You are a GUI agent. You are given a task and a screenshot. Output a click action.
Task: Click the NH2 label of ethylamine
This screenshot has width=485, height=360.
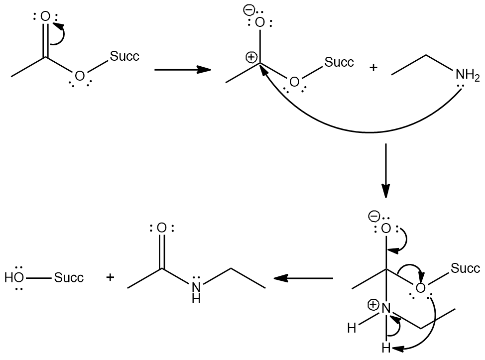pos(467,76)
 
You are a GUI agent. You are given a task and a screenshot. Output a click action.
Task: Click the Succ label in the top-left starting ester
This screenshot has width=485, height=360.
pos(124,56)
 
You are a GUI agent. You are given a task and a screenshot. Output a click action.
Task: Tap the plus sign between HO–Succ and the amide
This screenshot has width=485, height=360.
pos(110,277)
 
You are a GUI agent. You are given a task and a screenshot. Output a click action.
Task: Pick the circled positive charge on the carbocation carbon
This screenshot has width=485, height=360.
pos(251,58)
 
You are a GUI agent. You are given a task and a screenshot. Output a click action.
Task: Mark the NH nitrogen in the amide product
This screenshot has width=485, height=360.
pos(196,287)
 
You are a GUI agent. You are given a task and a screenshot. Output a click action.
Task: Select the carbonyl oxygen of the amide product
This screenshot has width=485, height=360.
pos(161,228)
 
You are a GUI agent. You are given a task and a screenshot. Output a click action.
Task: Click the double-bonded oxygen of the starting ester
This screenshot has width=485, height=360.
pos(45,17)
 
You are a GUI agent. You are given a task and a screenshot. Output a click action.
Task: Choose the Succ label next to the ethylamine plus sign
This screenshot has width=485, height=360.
pos(339,63)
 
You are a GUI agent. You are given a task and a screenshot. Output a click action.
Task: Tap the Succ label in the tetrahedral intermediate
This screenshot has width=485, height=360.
pos(466,269)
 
